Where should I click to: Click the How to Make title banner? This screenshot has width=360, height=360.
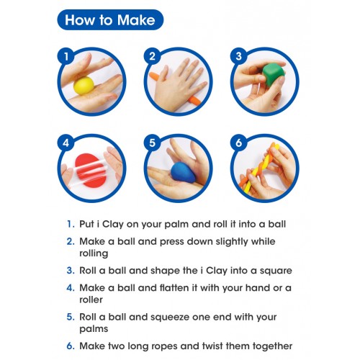click(110, 19)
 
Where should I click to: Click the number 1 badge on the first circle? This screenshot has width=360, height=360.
click(66, 57)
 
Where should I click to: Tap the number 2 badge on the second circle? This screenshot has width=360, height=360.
click(152, 57)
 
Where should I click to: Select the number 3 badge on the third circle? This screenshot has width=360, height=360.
click(238, 56)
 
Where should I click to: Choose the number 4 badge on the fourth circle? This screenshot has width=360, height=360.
click(66, 143)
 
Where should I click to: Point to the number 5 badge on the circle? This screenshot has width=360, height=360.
click(152, 143)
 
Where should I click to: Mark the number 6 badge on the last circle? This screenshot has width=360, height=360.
click(238, 143)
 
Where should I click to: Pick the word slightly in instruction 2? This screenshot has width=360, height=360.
click(232, 242)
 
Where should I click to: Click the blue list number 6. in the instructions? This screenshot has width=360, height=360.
click(71, 346)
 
